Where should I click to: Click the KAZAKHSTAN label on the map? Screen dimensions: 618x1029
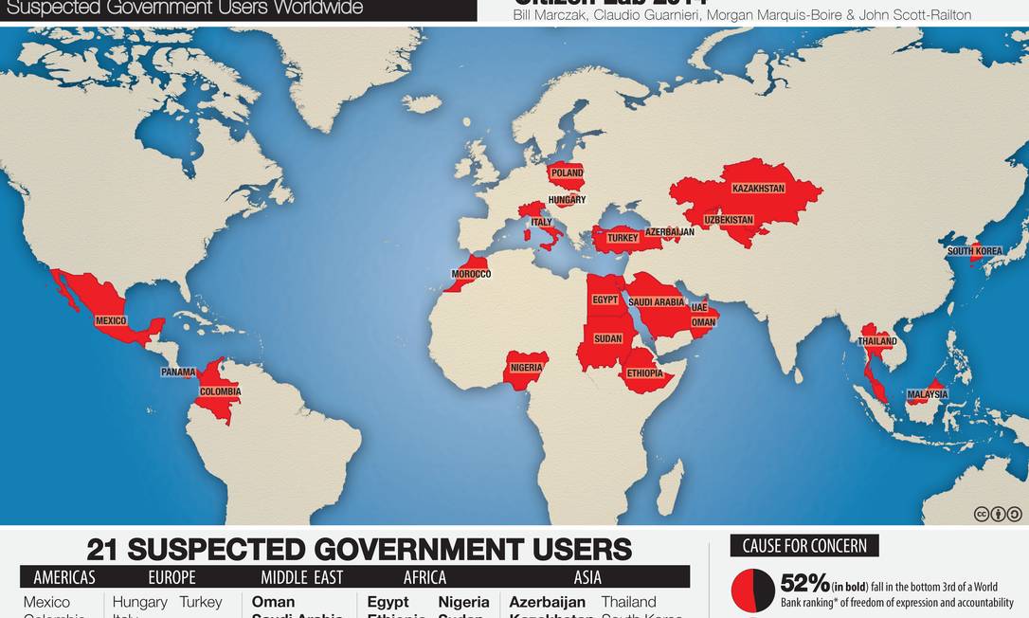coord(758,189)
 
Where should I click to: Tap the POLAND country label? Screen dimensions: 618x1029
coord(567,174)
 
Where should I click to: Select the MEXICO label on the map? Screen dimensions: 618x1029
coord(111,321)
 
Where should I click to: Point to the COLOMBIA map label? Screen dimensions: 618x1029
coord(220,391)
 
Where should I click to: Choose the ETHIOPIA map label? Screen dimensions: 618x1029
coord(644,373)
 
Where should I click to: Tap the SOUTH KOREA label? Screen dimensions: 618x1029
coord(974,251)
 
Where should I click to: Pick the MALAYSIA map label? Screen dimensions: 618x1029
coord(927,394)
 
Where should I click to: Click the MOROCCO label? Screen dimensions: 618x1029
coord(471,274)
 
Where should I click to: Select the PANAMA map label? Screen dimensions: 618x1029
coord(178,373)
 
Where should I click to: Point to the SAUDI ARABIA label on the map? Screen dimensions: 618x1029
coord(656,302)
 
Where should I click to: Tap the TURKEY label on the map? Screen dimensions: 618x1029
coord(623,238)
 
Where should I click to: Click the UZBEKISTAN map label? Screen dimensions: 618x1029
coord(729,221)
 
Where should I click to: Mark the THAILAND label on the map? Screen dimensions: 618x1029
coord(877,341)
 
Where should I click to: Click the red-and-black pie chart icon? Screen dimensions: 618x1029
coord(753,591)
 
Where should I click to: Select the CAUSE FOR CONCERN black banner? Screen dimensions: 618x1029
coord(804,546)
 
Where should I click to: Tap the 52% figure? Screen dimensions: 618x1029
coord(804,583)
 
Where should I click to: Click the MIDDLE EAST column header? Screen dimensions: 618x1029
coord(302,577)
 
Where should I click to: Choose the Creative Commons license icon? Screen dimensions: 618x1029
coord(998,514)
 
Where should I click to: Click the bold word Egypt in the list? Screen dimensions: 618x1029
coord(388,602)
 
